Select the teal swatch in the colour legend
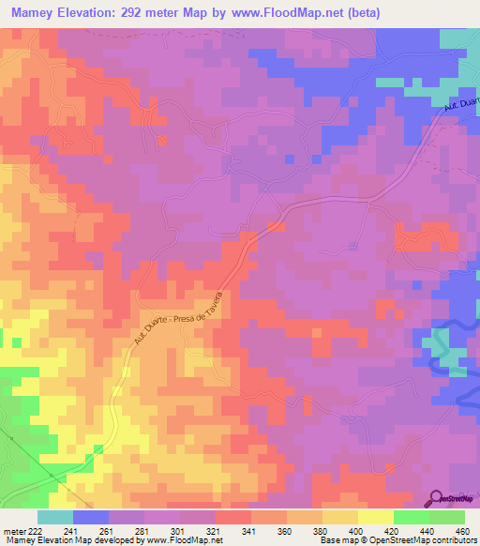55,517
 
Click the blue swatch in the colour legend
91,517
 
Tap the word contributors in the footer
453,540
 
